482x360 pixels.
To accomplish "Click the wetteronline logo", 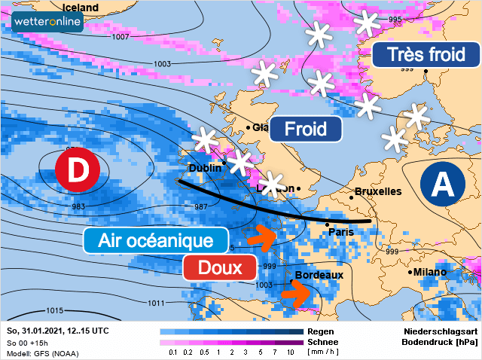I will [47, 23].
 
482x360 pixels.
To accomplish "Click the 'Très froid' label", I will [426, 54].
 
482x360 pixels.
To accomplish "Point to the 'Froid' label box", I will [305, 129].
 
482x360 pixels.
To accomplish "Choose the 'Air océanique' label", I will [155, 241].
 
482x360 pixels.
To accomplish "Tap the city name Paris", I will [341, 232].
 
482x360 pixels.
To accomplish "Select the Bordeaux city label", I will [319, 275].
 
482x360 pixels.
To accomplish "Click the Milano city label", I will [430, 272].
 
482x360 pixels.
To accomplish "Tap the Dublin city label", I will [205, 168].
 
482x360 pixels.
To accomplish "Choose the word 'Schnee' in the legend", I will [322, 341].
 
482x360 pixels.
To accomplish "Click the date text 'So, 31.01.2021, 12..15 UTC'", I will [57, 331].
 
